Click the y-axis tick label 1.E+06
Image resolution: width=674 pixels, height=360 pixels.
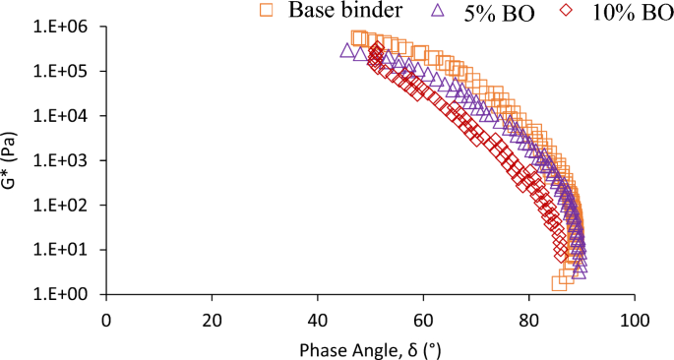pyautogui.click(x=63, y=27)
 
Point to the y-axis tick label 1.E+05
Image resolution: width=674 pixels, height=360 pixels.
pyautogui.click(x=63, y=72)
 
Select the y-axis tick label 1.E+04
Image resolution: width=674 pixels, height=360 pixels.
pyautogui.click(x=63, y=116)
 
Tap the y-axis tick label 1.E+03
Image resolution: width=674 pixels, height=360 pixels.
pyautogui.click(x=63, y=160)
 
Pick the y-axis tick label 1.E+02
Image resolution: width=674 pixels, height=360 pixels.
pyautogui.click(x=63, y=206)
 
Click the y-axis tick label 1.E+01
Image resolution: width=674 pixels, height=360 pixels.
pyautogui.click(x=63, y=250)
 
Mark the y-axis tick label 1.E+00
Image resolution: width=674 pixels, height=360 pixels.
pyautogui.click(x=63, y=294)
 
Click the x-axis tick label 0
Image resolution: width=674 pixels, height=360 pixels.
pyautogui.click(x=106, y=320)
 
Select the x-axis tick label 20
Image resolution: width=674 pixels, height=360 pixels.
pyautogui.click(x=212, y=320)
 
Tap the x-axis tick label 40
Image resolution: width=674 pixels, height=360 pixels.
pyautogui.click(x=318, y=320)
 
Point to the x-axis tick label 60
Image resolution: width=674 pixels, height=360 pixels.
pyautogui.click(x=423, y=320)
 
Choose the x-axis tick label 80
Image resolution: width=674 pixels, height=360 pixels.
pyautogui.click(x=529, y=320)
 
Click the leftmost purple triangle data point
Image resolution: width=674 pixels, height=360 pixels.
pyautogui.click(x=347, y=50)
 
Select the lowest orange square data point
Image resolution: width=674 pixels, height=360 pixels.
pyautogui.click(x=559, y=284)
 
